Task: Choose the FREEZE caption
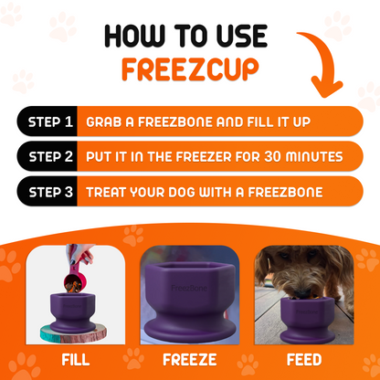point(189,359)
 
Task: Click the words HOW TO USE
point(185,36)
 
